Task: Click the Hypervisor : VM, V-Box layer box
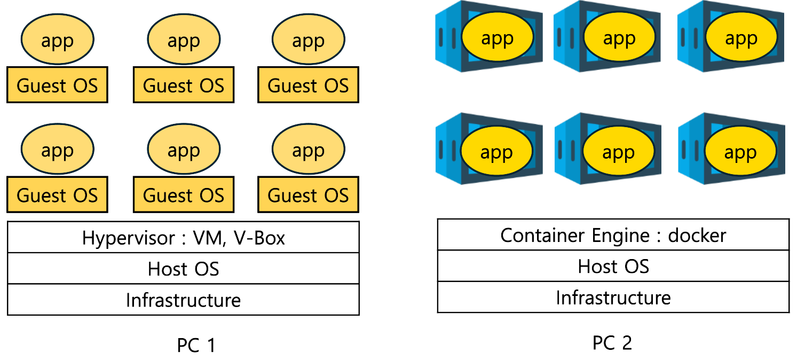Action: point(183,238)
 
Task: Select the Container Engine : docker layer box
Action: point(613,235)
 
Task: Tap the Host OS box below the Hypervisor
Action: point(183,269)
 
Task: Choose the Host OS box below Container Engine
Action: point(613,266)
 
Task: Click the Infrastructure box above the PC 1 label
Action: point(183,300)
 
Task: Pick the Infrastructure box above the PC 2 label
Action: point(613,297)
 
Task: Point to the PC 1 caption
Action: point(196,346)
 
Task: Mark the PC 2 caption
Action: point(612,342)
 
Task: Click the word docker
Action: point(697,235)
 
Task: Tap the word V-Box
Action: point(259,238)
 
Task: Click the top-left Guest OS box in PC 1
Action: point(57,85)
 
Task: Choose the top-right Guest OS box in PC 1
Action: point(308,85)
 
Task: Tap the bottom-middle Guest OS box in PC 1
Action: point(183,195)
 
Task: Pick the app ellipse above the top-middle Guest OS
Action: point(183,40)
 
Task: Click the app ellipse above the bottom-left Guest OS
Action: point(57,151)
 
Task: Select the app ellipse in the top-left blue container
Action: point(497,38)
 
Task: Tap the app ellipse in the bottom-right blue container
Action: point(740,153)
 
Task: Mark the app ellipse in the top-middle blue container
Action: point(619,38)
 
